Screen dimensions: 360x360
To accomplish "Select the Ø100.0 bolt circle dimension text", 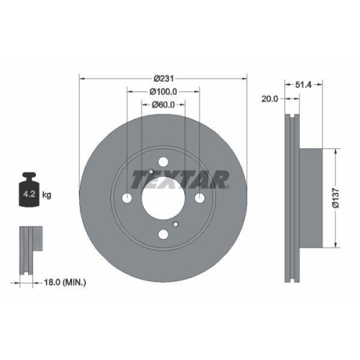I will [x=163, y=91].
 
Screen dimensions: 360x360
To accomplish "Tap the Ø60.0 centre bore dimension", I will [x=163, y=105].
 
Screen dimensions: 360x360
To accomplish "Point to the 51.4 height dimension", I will [x=303, y=85].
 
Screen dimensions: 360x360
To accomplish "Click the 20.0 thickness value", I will [x=270, y=99].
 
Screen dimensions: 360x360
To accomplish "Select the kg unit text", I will [x=46, y=195].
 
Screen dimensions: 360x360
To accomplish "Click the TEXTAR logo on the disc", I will [x=180, y=178].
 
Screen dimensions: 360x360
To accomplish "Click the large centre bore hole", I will [x=163, y=198].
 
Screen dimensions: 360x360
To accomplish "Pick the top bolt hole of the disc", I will [x=163, y=163].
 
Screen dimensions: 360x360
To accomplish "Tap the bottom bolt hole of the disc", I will [x=163, y=234].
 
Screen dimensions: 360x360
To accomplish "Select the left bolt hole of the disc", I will [x=127, y=199].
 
